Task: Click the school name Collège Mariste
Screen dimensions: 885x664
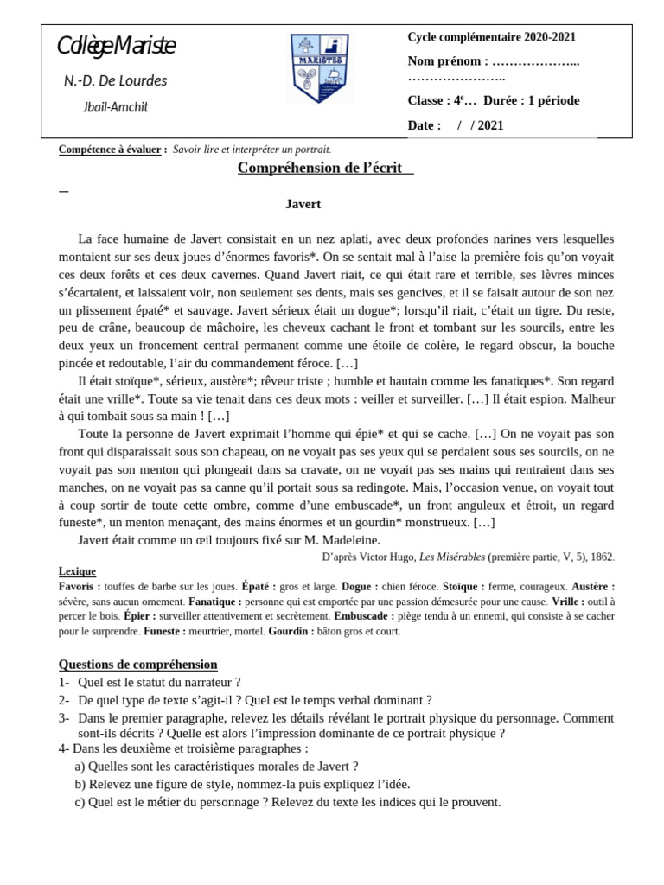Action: pos(116,47)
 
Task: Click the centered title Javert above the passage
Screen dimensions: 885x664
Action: pos(303,205)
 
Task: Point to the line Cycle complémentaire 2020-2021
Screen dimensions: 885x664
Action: pos(491,37)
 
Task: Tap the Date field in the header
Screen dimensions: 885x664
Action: pos(425,125)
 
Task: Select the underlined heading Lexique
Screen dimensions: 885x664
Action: pos(77,571)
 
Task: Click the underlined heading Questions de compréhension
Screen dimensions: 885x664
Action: pos(137,665)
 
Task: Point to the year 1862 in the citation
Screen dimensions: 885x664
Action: pos(599,557)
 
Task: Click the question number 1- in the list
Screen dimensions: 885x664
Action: pos(64,682)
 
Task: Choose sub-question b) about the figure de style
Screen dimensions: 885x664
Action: pos(242,784)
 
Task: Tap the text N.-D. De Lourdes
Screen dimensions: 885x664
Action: pos(116,81)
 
